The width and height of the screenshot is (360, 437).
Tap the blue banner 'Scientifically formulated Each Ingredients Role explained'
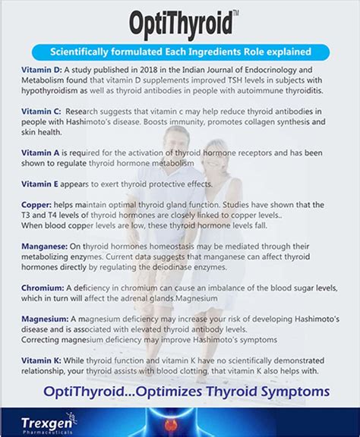click(180, 53)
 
